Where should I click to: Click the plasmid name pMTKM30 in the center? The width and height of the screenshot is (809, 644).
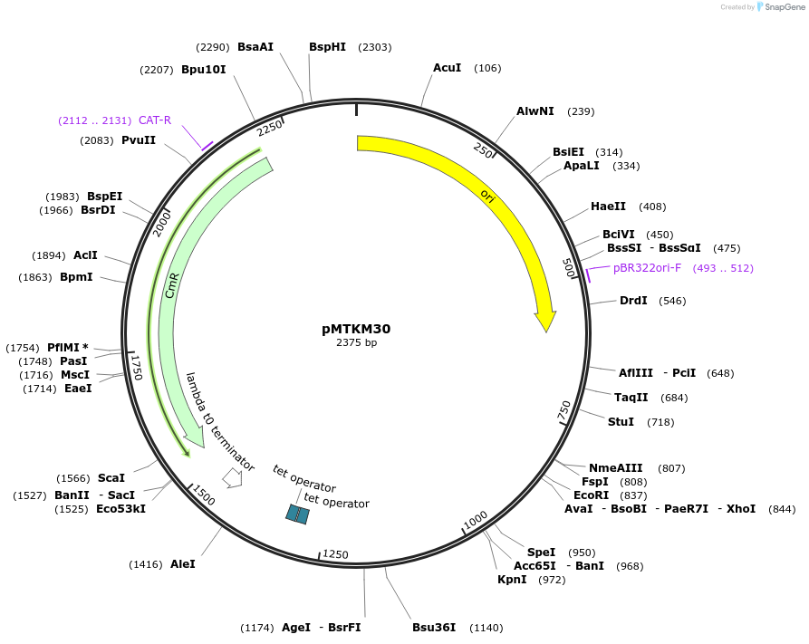click(356, 329)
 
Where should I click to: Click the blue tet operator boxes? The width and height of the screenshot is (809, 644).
click(297, 514)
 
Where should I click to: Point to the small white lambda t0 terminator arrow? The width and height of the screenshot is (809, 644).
click(232, 476)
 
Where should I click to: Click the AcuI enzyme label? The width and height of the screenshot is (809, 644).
click(447, 68)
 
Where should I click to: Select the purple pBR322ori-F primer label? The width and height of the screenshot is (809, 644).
click(647, 268)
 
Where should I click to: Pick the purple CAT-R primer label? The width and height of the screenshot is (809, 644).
click(155, 120)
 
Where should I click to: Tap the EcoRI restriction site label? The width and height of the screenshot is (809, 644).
click(591, 495)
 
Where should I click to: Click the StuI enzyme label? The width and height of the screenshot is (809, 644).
click(621, 422)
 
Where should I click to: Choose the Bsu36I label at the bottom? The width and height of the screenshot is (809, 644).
click(434, 627)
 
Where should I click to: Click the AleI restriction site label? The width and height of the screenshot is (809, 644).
click(183, 563)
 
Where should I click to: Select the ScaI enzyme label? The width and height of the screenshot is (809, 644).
click(111, 478)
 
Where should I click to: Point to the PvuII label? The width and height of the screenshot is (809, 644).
click(139, 140)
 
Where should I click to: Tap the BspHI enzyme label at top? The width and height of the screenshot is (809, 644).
click(327, 47)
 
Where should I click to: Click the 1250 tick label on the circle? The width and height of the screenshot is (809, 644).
click(335, 554)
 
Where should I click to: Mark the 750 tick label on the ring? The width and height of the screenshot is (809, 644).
click(564, 409)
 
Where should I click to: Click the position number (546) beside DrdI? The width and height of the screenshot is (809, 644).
click(672, 301)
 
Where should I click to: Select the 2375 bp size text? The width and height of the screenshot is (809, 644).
click(356, 343)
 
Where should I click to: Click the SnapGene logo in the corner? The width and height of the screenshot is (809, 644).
click(781, 7)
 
